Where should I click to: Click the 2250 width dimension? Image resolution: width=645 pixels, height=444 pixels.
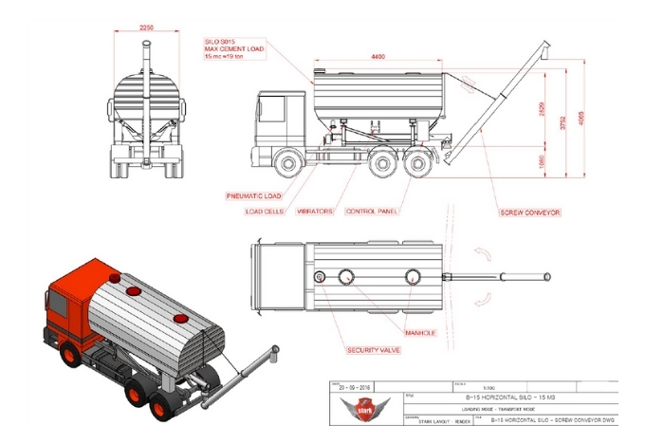(145, 28)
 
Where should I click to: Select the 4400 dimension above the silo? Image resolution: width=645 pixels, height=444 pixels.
(378, 57)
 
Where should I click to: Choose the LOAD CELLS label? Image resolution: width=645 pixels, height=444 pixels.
(266, 212)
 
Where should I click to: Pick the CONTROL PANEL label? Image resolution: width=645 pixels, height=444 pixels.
(371, 212)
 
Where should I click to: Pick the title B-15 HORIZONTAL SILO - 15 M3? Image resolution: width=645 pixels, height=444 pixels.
(491, 398)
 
